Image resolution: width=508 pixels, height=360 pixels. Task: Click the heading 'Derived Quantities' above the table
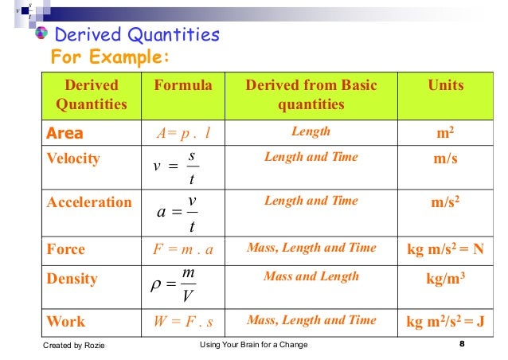[135, 35]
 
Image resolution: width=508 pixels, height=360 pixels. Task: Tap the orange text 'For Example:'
[110, 58]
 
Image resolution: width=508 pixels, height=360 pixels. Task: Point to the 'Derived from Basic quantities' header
[311, 95]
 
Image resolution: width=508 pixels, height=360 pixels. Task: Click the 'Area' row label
[64, 132]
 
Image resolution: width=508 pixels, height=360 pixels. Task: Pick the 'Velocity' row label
[73, 158]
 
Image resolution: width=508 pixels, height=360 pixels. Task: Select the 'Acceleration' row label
[89, 202]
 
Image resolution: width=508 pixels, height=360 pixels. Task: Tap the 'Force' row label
[65, 248]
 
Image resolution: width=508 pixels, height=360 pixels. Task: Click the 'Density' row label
[72, 279]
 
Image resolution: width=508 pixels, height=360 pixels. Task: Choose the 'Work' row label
[66, 321]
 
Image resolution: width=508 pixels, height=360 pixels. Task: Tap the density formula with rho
[177, 285]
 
